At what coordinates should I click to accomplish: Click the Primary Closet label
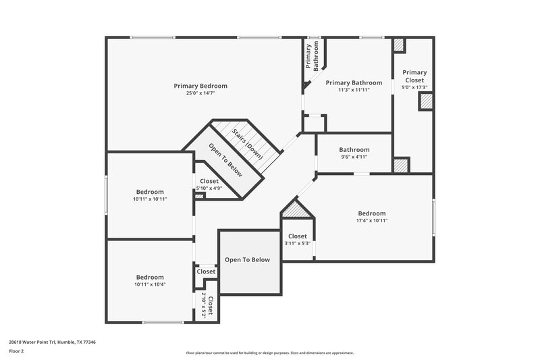point(414,76)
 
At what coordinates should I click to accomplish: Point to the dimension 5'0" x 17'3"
point(414,87)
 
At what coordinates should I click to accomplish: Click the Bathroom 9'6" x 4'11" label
point(354,150)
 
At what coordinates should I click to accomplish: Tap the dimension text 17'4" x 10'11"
point(372,220)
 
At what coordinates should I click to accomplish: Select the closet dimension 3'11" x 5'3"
point(297,243)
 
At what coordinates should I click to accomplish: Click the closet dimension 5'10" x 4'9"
point(209,188)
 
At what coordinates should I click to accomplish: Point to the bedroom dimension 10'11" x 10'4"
point(150,284)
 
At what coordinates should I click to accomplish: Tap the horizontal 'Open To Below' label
point(247,259)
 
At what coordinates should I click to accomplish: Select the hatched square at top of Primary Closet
point(400,45)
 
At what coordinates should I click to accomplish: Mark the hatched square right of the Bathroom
point(402,165)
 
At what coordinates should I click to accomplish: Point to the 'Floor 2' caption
point(17,352)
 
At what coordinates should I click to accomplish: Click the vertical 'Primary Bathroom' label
point(311,58)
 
